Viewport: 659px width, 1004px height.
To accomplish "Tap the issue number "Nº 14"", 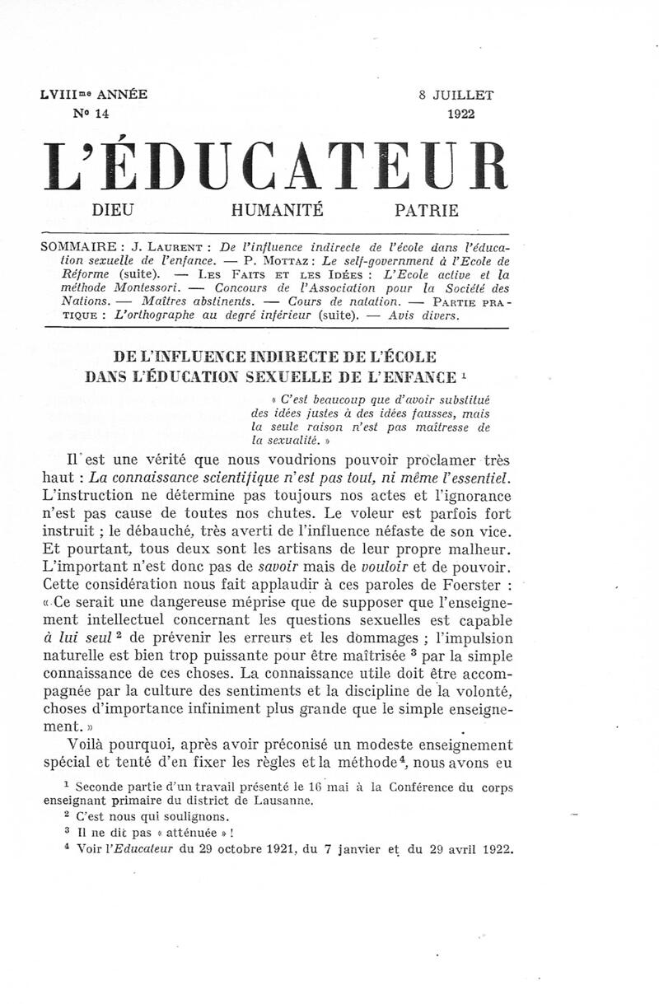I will tap(91, 114).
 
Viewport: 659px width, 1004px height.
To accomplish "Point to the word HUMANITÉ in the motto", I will tap(277, 210).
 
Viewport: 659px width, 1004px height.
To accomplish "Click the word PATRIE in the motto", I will tap(427, 210).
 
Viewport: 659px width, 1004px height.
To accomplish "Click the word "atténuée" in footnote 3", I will tap(180, 833).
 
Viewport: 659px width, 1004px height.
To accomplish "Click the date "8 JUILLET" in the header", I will tap(456, 95).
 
